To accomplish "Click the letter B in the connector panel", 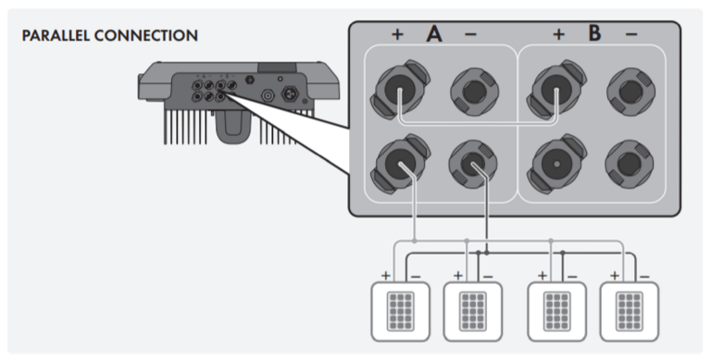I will pyautogui.click(x=594, y=35).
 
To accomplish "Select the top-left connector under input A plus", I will pyautogui.click(x=400, y=91).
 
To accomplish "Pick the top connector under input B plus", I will pyautogui.click(x=555, y=91).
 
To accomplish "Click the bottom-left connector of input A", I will pyautogui.click(x=400, y=165).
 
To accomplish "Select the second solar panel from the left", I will pyautogui.click(x=472, y=312).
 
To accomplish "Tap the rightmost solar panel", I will pyautogui.click(x=629, y=312).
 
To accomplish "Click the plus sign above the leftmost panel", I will pyautogui.click(x=384, y=276).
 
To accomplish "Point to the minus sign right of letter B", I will pyautogui.click(x=631, y=35).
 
